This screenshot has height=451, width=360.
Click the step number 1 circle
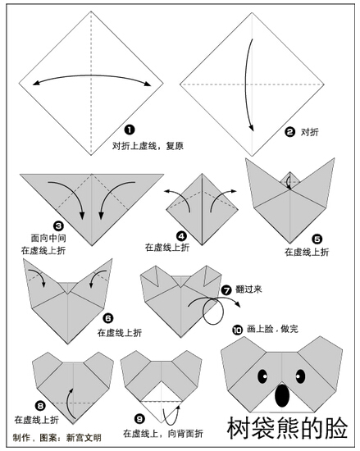(130, 130)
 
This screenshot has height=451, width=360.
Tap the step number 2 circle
(289, 132)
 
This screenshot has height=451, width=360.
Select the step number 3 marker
(58, 225)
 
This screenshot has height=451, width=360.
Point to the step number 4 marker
(181, 236)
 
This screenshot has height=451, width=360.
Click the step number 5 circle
(317, 239)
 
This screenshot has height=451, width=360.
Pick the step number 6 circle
(108, 318)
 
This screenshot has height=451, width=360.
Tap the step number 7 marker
(226, 290)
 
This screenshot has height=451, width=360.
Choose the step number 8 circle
(40, 406)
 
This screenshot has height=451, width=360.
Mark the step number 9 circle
(139, 419)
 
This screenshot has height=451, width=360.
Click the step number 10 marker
(238, 330)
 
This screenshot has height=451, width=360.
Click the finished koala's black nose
(282, 395)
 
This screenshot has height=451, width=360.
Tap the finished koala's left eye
(262, 376)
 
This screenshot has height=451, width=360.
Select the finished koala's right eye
(300, 376)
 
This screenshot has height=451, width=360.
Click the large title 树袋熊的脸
(287, 428)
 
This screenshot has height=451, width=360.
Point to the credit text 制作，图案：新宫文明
(57, 438)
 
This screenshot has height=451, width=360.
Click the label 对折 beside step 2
(309, 132)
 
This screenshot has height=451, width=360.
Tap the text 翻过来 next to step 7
(248, 289)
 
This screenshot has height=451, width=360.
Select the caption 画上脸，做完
(272, 329)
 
